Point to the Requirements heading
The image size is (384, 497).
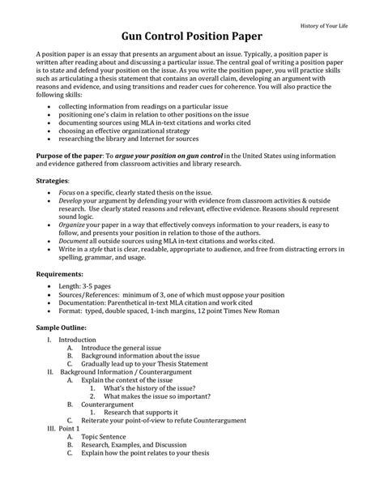62,274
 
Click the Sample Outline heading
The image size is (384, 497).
63,326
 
